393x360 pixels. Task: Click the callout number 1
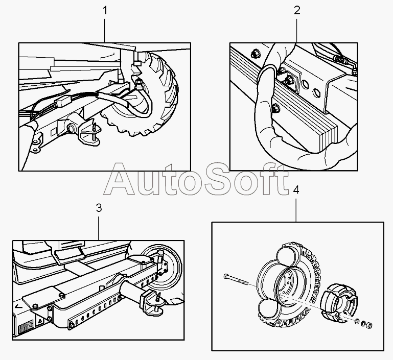tap(106, 10)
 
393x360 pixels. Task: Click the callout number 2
tap(297, 10)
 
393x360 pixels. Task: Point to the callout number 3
tap(99, 208)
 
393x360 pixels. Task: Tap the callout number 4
tap(297, 190)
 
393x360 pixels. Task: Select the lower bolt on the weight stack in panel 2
tap(276, 107)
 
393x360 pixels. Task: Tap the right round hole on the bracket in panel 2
tap(319, 92)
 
